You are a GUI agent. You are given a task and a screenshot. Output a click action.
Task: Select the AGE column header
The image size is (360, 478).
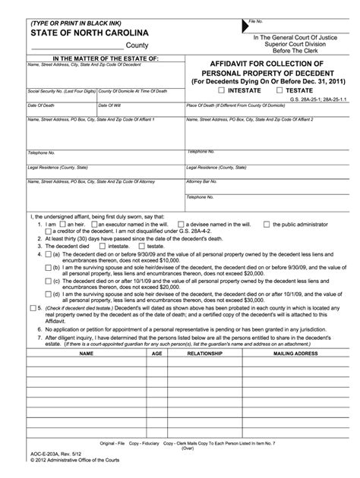tap(157, 354)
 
